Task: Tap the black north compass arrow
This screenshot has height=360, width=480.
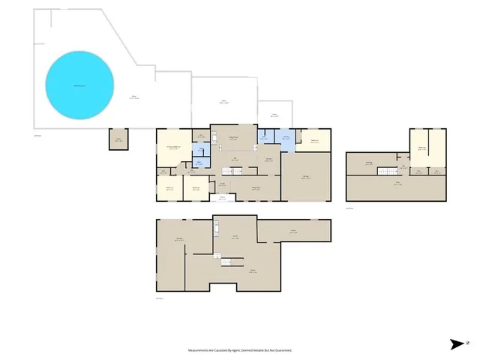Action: click(x=457, y=344)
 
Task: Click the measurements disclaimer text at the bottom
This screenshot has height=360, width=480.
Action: click(x=240, y=350)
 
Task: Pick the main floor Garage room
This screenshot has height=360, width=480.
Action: click(x=306, y=177)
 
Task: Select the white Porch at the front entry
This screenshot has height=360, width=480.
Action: click(x=222, y=199)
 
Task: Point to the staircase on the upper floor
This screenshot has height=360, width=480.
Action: click(x=385, y=172)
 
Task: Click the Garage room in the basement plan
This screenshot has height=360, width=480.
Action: click(x=180, y=240)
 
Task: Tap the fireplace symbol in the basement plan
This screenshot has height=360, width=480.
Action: click(x=215, y=230)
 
